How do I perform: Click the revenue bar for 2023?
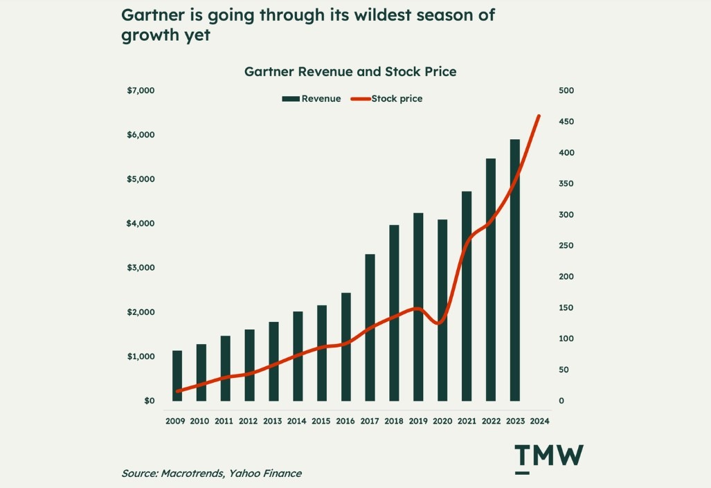tap(514, 270)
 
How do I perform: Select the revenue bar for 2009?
tap(177, 376)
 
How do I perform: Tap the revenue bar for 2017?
tap(370, 327)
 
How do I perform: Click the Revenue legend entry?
tap(312, 99)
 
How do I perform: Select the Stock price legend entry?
tap(388, 99)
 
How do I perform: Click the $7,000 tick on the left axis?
tap(141, 91)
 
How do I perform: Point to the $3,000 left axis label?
tap(141, 268)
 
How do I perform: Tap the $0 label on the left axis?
tap(149, 401)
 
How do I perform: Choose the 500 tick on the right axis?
tap(566, 91)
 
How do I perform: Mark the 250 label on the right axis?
tap(566, 246)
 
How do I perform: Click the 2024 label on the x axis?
tap(539, 421)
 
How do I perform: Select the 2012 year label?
tap(248, 421)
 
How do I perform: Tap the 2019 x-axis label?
tap(418, 421)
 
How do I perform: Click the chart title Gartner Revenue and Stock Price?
tap(350, 71)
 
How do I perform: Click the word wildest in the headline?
tap(356, 15)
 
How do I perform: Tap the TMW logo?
tap(549, 458)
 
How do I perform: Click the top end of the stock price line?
tap(539, 116)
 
